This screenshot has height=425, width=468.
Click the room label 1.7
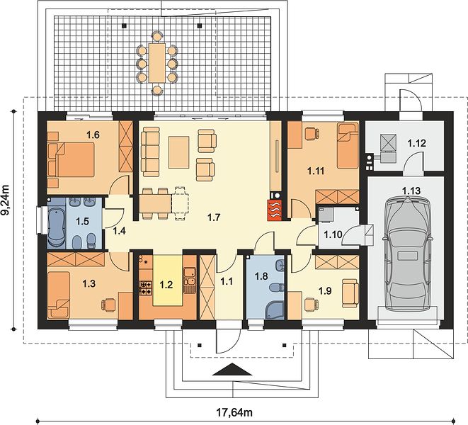point(214,217)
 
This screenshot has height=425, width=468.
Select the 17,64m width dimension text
point(234,412)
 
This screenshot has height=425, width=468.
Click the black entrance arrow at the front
point(232,369)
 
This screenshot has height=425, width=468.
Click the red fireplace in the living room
point(275,210)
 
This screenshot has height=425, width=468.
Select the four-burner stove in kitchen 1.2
point(146,288)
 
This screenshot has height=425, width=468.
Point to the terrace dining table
point(157,63)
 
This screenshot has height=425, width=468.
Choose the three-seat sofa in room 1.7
point(150,152)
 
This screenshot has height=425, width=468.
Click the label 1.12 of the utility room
point(416,143)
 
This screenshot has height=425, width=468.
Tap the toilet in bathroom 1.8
point(277,288)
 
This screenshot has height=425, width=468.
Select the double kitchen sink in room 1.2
point(189,276)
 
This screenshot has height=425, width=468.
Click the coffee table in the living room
point(179,152)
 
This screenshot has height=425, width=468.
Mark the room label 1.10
point(333,234)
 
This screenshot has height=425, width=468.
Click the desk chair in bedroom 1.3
point(108,305)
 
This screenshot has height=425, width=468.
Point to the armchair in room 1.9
point(350,293)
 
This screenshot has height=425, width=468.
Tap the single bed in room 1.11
point(348,146)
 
